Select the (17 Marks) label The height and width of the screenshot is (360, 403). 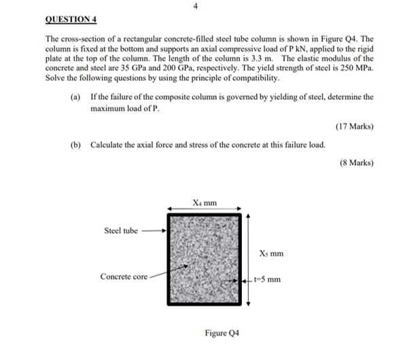click(x=354, y=126)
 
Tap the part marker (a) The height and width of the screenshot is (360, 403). click(x=75, y=97)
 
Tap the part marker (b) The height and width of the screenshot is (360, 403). click(x=75, y=145)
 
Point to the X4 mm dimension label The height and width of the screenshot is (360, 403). click(x=204, y=201)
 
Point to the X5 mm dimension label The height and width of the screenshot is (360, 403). click(x=270, y=255)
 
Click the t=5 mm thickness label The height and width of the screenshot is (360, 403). click(x=266, y=280)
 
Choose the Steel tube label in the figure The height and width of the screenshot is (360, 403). click(x=122, y=231)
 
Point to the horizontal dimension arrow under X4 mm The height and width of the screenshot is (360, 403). click(x=204, y=209)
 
